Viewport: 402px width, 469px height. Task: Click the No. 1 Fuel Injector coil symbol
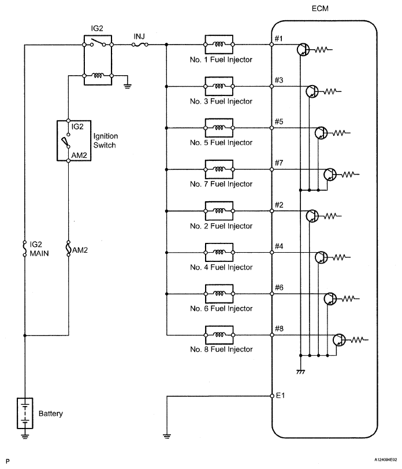pyautogui.click(x=219, y=44)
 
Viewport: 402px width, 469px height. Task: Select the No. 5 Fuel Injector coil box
pyautogui.click(x=219, y=127)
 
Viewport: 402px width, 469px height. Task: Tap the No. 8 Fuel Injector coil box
pyautogui.click(x=219, y=335)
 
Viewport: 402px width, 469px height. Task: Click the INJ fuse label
pyautogui.click(x=139, y=36)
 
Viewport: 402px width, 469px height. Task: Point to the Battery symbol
pyautogui.click(x=25, y=413)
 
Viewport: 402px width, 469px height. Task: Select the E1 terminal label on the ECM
pyautogui.click(x=281, y=396)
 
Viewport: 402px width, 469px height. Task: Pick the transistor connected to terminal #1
pyautogui.click(x=304, y=50)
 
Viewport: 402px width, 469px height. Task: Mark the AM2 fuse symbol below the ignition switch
pyautogui.click(x=68, y=249)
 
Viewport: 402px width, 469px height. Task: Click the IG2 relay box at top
pyautogui.click(x=98, y=60)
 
